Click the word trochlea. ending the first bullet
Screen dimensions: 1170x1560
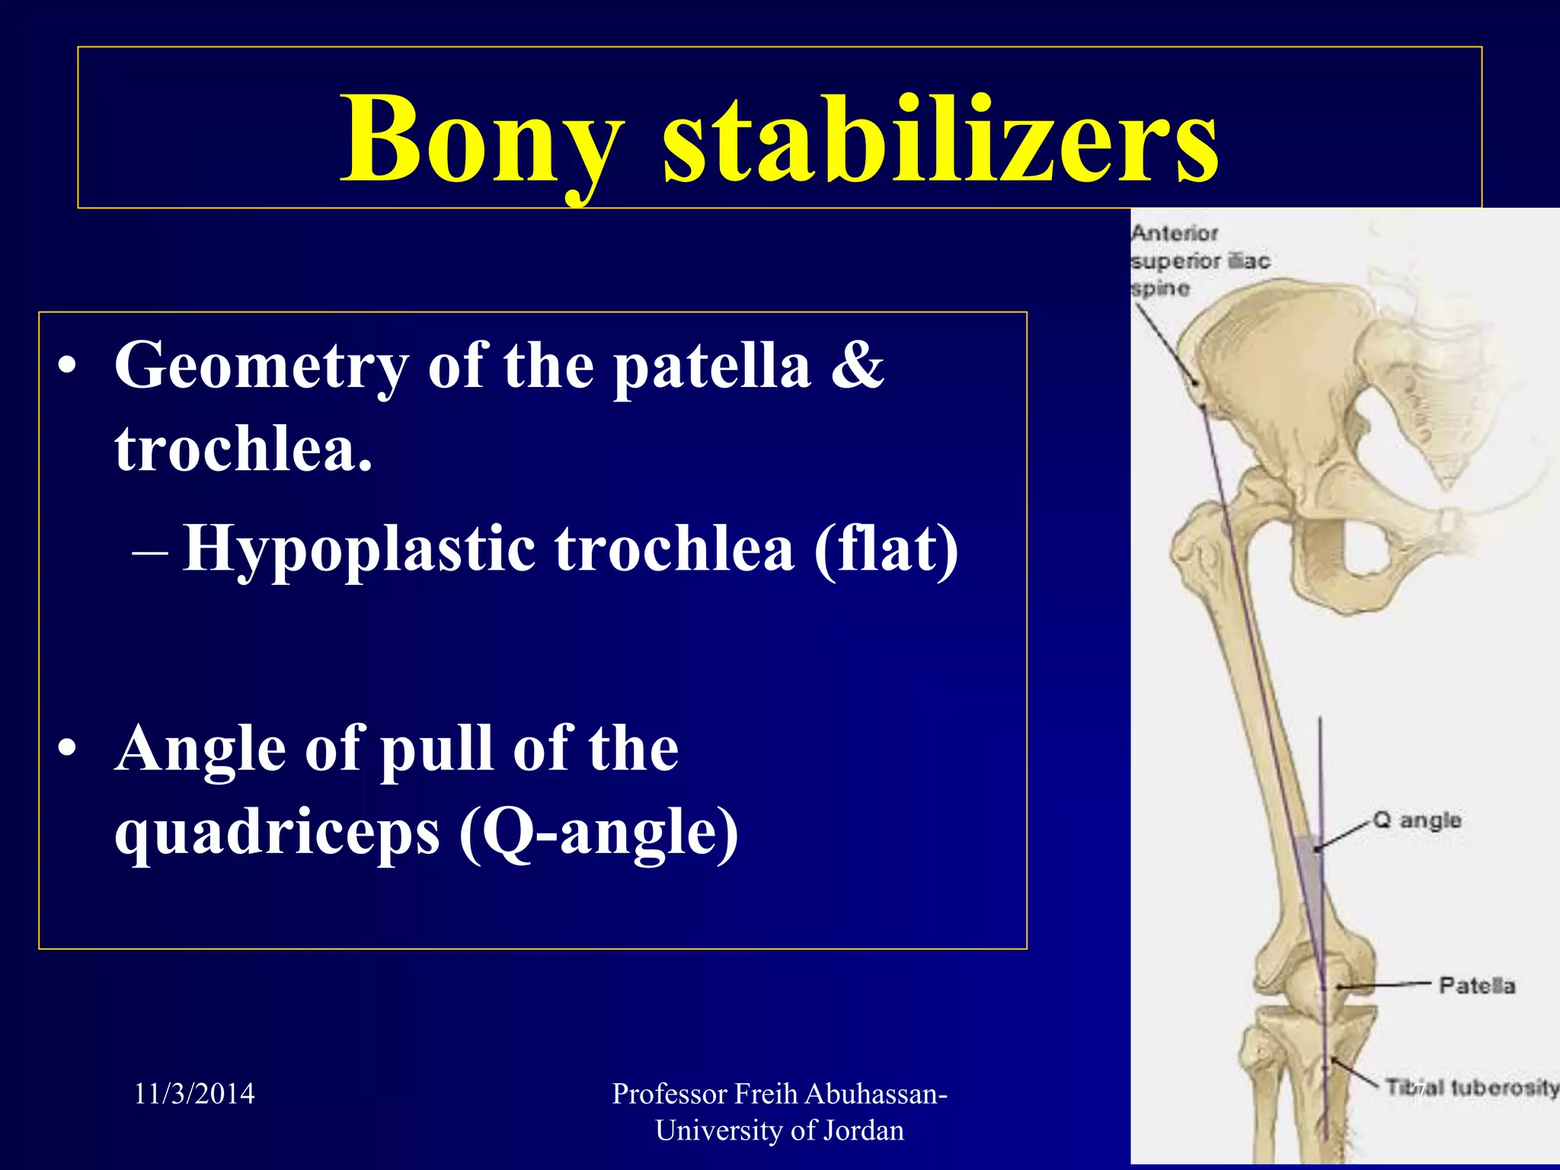[244, 449]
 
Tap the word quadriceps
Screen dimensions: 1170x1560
[277, 832]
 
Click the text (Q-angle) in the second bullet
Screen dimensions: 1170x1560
[599, 832]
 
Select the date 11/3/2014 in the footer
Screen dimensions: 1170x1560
[194, 1094]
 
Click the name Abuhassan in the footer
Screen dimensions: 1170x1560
[875, 1094]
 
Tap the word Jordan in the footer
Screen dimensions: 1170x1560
[864, 1130]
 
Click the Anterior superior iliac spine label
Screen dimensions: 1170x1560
[1200, 261]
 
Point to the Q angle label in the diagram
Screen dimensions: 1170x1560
[1417, 820]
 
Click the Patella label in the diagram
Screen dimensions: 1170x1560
[1476, 986]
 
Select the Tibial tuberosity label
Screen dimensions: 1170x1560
[1470, 1088]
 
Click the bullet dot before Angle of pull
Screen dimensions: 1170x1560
[67, 748]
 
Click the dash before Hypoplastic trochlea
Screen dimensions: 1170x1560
[149, 551]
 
